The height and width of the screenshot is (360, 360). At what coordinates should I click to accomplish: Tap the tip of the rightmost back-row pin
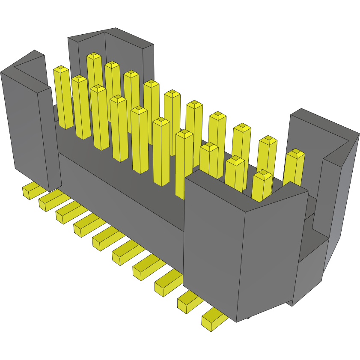[x=295, y=153]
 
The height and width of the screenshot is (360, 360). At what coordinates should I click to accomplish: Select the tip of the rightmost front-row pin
[x=262, y=175]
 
